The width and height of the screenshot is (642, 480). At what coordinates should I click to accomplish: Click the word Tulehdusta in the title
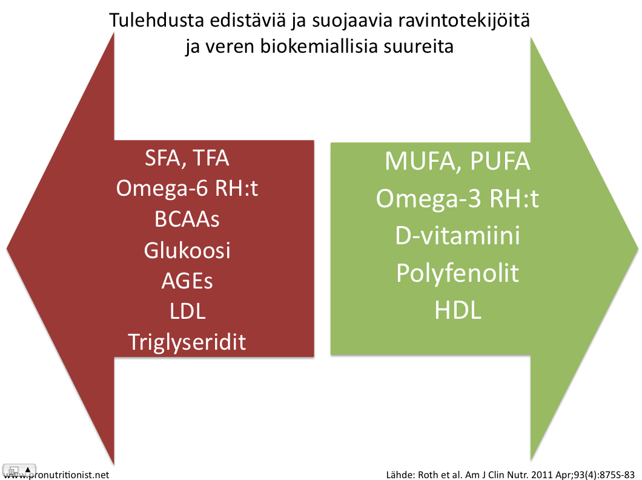[157, 21]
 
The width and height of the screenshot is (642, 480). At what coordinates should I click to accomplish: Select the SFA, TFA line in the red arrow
[187, 158]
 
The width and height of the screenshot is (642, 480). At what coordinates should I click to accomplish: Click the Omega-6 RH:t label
[187, 188]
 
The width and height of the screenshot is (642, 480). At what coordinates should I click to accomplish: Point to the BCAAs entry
[187, 219]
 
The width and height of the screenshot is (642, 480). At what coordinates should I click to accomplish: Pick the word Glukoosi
[187, 250]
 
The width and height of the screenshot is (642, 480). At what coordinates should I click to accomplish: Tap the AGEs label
[187, 281]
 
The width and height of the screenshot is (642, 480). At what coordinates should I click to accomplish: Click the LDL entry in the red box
[188, 312]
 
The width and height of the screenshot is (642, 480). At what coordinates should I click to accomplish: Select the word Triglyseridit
[187, 342]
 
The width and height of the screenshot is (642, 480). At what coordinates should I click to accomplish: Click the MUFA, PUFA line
[458, 161]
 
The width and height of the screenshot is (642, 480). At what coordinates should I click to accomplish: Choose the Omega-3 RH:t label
[458, 199]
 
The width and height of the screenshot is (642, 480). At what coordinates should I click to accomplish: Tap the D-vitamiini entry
[458, 236]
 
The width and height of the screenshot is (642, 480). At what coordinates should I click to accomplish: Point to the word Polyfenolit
[458, 273]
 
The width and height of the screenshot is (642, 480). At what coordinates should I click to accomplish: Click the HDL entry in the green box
[458, 310]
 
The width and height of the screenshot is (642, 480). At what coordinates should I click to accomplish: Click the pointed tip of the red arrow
[7, 248]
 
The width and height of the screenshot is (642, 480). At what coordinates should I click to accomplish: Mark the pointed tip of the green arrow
[638, 248]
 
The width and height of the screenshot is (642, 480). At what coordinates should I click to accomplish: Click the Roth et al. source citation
[510, 475]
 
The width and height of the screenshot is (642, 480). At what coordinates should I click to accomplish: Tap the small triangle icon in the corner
[27, 470]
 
